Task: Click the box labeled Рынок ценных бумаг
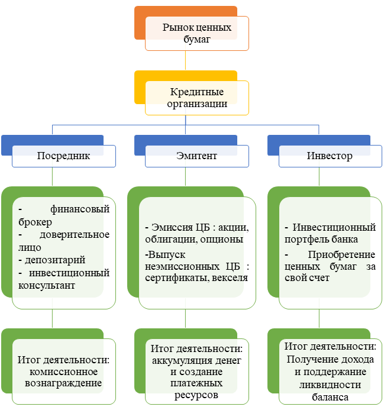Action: click(x=197, y=33)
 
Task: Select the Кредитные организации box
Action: click(x=197, y=98)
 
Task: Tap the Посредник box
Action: click(x=63, y=156)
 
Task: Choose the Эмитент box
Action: click(x=197, y=156)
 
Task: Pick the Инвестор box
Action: click(x=330, y=156)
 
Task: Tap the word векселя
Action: click(x=227, y=277)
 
